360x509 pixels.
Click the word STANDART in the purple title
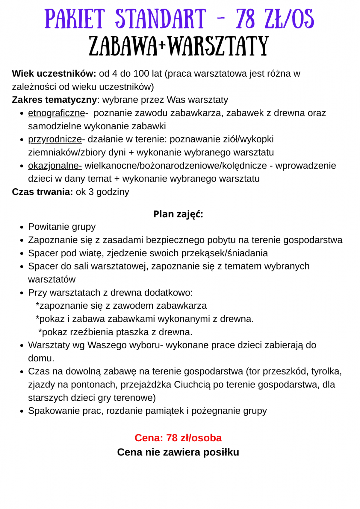coord(161,19)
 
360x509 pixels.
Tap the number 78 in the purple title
coord(245,19)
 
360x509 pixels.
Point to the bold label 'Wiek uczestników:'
coord(54,74)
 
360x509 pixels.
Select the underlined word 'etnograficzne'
coord(57,113)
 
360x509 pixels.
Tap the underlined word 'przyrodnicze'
coord(55,139)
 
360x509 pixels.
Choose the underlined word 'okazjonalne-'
coord(55,166)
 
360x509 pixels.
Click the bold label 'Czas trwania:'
coord(43,192)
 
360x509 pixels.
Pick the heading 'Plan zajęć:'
coord(178,214)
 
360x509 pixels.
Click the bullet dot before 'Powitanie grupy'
coord(22,227)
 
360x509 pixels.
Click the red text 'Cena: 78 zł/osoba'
coord(178,438)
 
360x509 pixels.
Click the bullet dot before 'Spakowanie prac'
coord(22,411)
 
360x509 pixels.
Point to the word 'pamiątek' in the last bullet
coord(167,411)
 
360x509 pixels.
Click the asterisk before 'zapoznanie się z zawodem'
coord(37,305)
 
